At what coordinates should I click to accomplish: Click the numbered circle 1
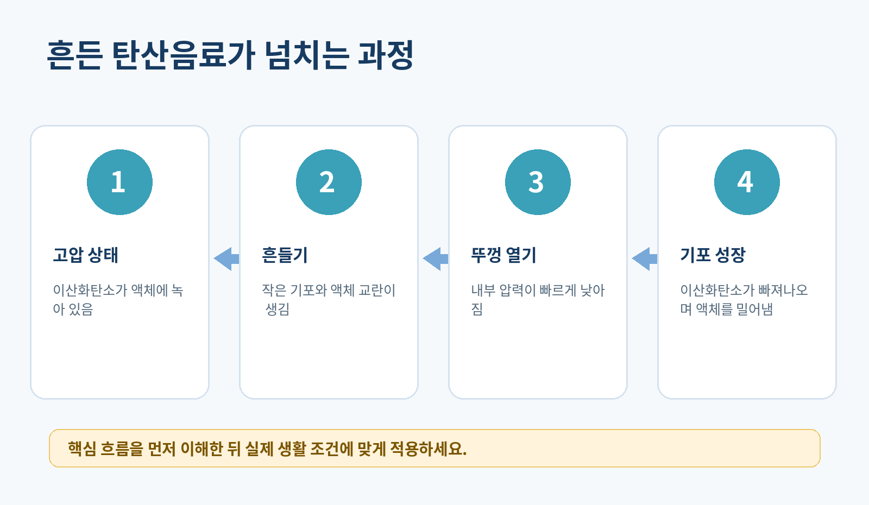pos(119,182)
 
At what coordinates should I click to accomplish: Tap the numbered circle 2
pos(329,182)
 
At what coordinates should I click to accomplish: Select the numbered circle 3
pos(538,182)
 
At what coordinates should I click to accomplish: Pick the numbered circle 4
pos(747,182)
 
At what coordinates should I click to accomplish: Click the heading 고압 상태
pos(85,255)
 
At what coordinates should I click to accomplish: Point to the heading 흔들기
pos(285,255)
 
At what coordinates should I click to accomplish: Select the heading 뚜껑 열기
pos(503,255)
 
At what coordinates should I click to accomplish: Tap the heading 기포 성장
pos(713,255)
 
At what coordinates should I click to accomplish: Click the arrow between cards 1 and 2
pos(226,258)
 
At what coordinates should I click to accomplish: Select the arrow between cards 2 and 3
pos(435,258)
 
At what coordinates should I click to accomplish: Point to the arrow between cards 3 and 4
pos(644,258)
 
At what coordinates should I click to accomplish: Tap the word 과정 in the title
pos(386,55)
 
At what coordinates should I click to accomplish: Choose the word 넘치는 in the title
pos(306,55)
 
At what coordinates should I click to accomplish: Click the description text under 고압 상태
pos(118,300)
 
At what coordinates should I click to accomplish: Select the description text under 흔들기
pos(329,300)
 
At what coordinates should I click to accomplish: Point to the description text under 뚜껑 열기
pos(538,300)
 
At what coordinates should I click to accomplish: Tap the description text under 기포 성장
pos(744,300)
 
